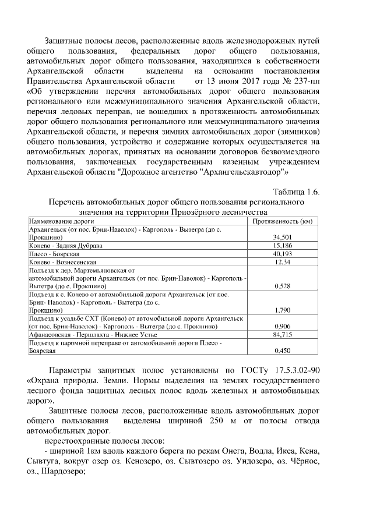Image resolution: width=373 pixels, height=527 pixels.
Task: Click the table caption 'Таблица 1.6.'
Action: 296,192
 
